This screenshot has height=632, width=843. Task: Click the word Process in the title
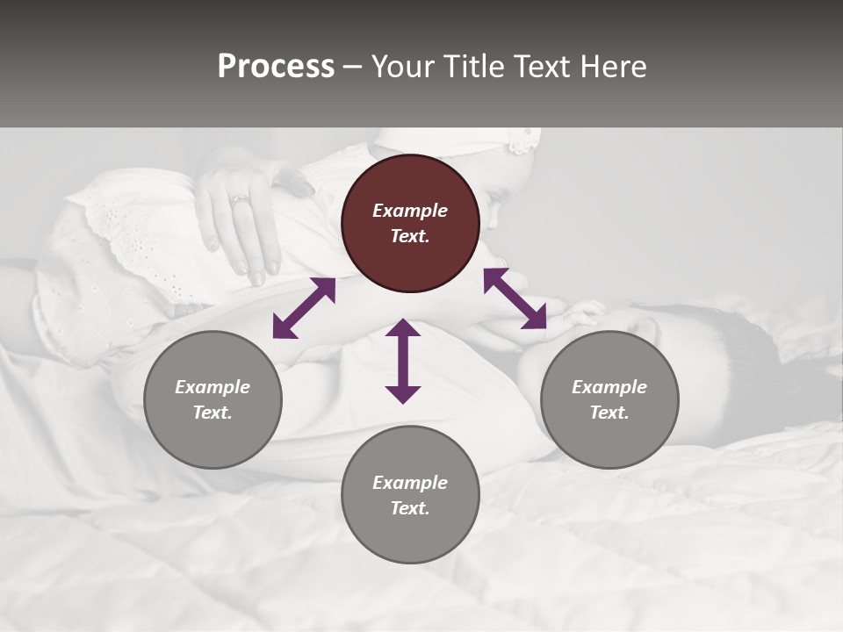276,67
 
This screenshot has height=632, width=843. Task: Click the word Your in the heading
404,67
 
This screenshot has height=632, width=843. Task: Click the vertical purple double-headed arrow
403,361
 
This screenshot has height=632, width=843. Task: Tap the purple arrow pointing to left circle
304,308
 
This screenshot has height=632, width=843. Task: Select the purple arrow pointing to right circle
515,298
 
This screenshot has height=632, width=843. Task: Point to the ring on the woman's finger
240,199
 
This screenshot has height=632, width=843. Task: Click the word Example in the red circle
410,211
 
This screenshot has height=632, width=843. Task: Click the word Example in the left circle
213,387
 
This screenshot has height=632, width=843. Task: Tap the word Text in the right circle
609,413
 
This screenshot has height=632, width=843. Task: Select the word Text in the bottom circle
410,508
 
